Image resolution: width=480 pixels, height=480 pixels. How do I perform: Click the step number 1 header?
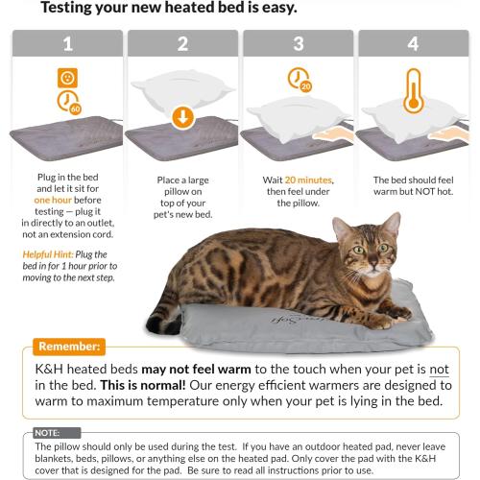click(x=67, y=43)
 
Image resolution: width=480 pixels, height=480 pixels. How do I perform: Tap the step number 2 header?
click(x=182, y=43)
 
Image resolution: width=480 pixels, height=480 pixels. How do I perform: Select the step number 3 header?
click(x=299, y=43)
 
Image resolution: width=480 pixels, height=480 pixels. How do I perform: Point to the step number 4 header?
click(x=414, y=43)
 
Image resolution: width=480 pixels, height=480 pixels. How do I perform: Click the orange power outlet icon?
click(x=67, y=78)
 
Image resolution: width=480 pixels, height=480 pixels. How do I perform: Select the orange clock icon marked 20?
click(x=300, y=80)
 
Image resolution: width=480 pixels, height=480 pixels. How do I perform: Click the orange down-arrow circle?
click(x=183, y=117)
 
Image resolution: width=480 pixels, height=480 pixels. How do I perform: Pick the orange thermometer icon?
click(x=414, y=91)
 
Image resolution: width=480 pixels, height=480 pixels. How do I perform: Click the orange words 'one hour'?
click(x=53, y=200)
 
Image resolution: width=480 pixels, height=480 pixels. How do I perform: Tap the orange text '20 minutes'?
click(x=309, y=180)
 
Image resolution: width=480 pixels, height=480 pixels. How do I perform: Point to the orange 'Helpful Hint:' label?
click(x=48, y=254)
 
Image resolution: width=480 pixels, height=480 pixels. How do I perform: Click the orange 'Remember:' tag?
click(x=69, y=347)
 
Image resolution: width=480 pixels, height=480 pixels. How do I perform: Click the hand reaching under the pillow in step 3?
click(x=332, y=134)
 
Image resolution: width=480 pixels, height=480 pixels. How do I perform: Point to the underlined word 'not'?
click(x=439, y=370)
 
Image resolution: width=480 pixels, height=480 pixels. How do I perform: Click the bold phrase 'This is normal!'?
click(x=143, y=385)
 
